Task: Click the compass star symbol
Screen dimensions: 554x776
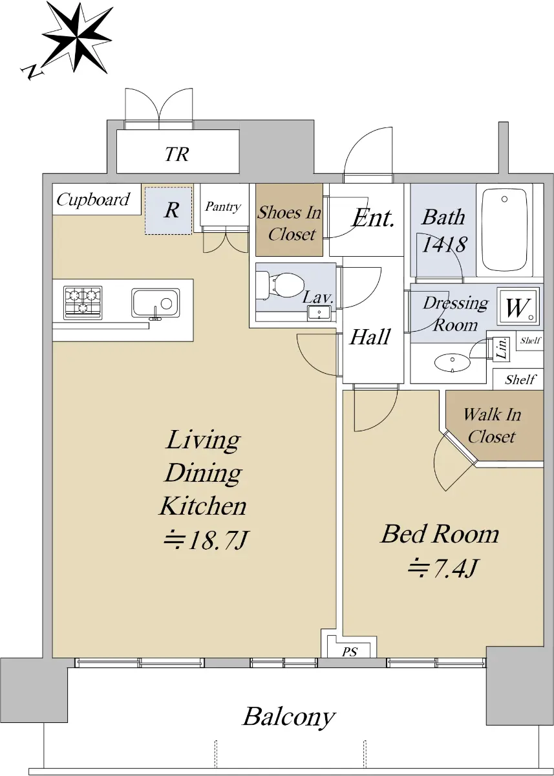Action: (77, 38)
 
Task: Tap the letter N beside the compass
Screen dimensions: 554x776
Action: (32, 72)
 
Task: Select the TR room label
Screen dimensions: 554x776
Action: (177, 154)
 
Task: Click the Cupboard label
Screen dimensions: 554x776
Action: (93, 200)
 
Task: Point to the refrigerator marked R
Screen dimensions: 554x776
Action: (168, 210)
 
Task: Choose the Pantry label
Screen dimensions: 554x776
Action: (223, 206)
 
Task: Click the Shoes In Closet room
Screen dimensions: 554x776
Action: (289, 220)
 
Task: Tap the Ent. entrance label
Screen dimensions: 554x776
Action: (373, 219)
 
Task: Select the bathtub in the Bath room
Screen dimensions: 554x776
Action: (504, 230)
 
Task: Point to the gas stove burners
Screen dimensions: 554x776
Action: (83, 303)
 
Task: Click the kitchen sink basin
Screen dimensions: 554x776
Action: (155, 303)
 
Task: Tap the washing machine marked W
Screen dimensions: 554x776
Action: (518, 307)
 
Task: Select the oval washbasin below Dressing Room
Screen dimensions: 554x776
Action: (453, 363)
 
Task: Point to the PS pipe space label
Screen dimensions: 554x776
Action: (350, 652)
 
